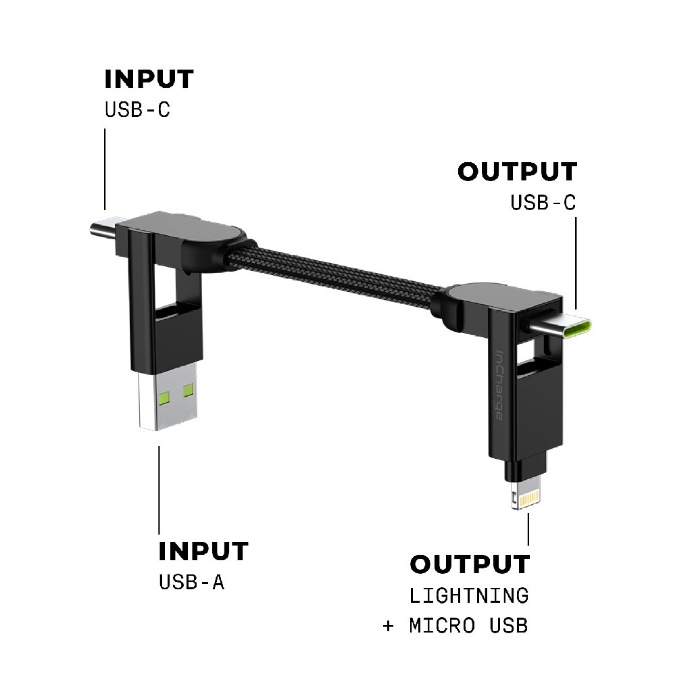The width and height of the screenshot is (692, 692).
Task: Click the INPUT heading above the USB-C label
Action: (149, 79)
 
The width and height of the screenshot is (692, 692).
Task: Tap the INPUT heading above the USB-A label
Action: (203, 551)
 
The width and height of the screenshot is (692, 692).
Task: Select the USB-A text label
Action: (191, 582)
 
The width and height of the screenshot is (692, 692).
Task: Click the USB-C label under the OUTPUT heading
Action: (543, 202)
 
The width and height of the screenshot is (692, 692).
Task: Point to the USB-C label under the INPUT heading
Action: (137, 109)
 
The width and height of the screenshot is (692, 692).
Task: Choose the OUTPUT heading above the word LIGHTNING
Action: (470, 564)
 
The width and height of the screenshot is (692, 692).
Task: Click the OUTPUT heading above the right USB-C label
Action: (518, 172)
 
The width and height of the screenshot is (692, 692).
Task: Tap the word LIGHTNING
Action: (469, 595)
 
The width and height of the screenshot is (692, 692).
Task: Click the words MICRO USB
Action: (468, 625)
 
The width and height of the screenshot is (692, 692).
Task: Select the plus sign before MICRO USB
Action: (388, 626)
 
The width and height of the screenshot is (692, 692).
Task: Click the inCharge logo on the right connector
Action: (499, 385)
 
